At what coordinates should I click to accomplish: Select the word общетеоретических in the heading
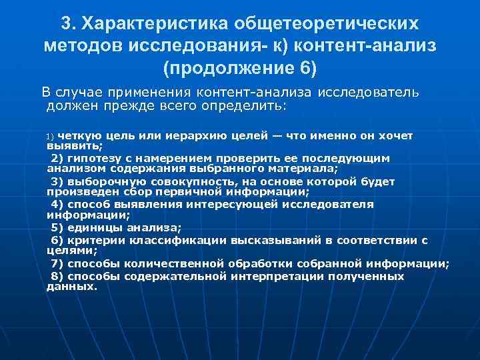[x=326, y=23]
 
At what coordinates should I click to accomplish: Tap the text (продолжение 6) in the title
[x=240, y=68]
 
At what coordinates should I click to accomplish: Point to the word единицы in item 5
[x=89, y=227]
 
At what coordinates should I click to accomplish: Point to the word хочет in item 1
[x=397, y=135]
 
